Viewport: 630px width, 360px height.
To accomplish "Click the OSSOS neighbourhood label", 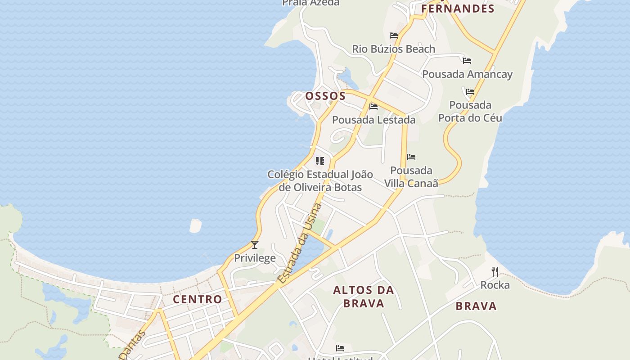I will coord(325,96).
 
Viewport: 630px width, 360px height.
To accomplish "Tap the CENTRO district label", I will coord(198,299).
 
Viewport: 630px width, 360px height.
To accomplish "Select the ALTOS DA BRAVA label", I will coord(364,297).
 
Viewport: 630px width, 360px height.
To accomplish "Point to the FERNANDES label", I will coord(458,9).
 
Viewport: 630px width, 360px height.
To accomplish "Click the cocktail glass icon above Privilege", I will coord(255,245).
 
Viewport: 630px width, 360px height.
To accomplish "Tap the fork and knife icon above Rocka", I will coord(495,271).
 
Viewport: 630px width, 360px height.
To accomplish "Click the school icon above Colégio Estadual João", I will coord(320,161).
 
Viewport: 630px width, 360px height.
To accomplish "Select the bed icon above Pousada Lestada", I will coord(373,107).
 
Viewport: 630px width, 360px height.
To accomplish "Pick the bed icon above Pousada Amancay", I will coord(467,60).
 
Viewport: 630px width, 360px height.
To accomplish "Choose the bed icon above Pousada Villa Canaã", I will coord(411,157).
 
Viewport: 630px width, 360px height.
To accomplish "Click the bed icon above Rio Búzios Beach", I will coord(394,35).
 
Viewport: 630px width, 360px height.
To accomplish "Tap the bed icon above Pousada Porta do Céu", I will coord(470,91).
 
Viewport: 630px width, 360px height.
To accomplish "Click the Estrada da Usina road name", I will coord(300,243).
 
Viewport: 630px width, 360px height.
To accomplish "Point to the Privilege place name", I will coord(255,258).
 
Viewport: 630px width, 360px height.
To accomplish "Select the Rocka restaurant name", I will coord(495,285).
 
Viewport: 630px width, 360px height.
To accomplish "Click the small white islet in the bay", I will coord(196,225).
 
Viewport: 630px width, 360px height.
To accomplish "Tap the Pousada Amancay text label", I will coord(467,74).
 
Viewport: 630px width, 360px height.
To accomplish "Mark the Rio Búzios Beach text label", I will coord(393,49).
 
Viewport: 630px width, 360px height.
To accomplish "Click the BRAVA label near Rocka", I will coord(476,306).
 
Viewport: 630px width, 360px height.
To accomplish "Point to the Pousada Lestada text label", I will coord(373,120).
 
